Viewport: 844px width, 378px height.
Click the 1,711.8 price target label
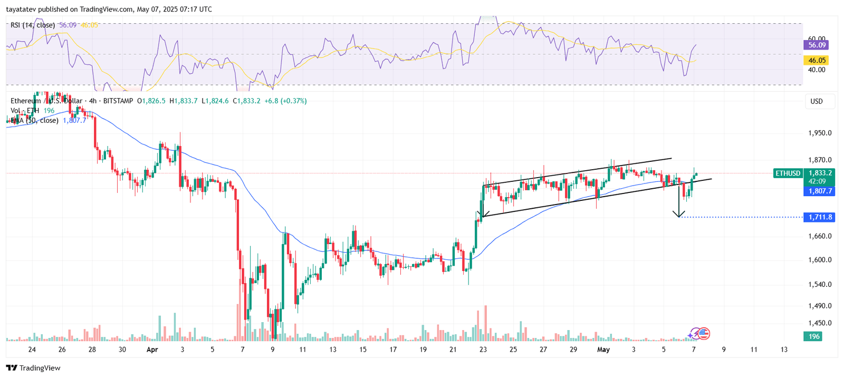pyautogui.click(x=819, y=217)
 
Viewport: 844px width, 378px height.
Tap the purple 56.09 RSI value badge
pyautogui.click(x=817, y=45)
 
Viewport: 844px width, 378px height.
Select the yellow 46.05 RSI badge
pyautogui.click(x=817, y=60)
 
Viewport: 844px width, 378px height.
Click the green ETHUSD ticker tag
pyautogui.click(x=788, y=173)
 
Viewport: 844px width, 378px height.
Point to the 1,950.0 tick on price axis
pyautogui.click(x=820, y=133)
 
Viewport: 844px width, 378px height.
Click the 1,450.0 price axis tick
pyautogui.click(x=820, y=323)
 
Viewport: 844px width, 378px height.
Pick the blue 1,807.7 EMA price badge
pyautogui.click(x=820, y=191)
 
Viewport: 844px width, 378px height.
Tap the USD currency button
pyautogui.click(x=817, y=101)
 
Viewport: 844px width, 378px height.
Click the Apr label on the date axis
pyautogui.click(x=152, y=350)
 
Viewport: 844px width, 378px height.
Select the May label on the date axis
pyautogui.click(x=603, y=350)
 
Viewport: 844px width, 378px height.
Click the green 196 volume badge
pyautogui.click(x=814, y=336)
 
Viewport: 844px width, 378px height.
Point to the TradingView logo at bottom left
pyautogui.click(x=34, y=368)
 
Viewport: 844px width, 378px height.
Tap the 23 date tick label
pyautogui.click(x=483, y=350)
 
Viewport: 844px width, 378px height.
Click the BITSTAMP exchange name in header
pyautogui.click(x=118, y=101)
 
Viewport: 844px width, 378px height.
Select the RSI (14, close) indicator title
pyautogui.click(x=33, y=25)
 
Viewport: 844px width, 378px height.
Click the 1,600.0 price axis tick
pyautogui.click(x=820, y=260)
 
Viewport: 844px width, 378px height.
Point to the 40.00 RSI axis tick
pyautogui.click(x=817, y=70)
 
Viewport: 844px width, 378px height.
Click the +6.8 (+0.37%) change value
pyautogui.click(x=285, y=101)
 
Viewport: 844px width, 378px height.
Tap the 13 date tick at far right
pyautogui.click(x=784, y=350)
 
